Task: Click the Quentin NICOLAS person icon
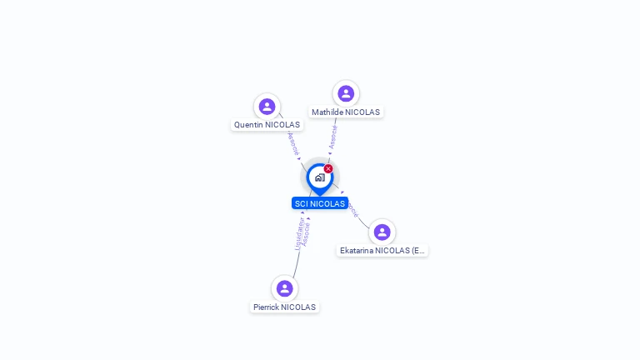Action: pos(267,106)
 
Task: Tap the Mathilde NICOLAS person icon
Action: pos(346,93)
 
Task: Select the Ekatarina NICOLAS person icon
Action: pos(382,232)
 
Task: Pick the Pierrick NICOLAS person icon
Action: pos(284,288)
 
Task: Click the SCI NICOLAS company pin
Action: pos(319,177)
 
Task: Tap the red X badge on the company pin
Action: pos(328,168)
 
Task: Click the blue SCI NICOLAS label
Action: pos(319,203)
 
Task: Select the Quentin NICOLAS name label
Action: pos(267,125)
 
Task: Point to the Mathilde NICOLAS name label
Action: pos(345,112)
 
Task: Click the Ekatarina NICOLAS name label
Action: pos(382,250)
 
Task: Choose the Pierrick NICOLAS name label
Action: pos(284,307)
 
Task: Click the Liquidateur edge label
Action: pos(298,234)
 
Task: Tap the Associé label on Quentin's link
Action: pos(292,143)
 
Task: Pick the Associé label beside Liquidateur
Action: pos(307,234)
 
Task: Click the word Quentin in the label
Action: pos(248,125)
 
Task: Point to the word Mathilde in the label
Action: pos(327,112)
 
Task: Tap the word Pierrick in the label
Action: pos(267,307)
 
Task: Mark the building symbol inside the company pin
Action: pos(319,177)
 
